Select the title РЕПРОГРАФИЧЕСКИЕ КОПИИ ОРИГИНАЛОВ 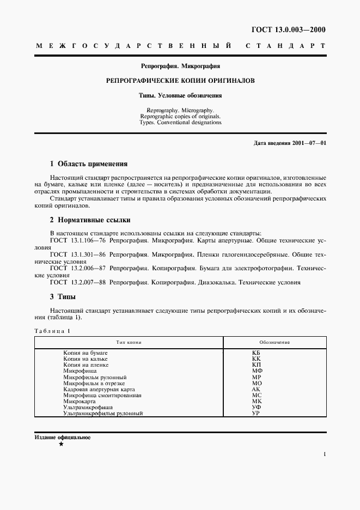(180, 80)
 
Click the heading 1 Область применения (89, 163)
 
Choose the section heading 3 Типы (63, 297)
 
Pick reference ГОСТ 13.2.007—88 (78, 282)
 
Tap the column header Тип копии (129, 342)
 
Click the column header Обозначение (274, 342)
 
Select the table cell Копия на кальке (87, 359)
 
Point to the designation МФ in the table (257, 371)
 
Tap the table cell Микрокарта (80, 401)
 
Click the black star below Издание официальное (61, 445)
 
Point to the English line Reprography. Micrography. (180, 110)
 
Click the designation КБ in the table (257, 353)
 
